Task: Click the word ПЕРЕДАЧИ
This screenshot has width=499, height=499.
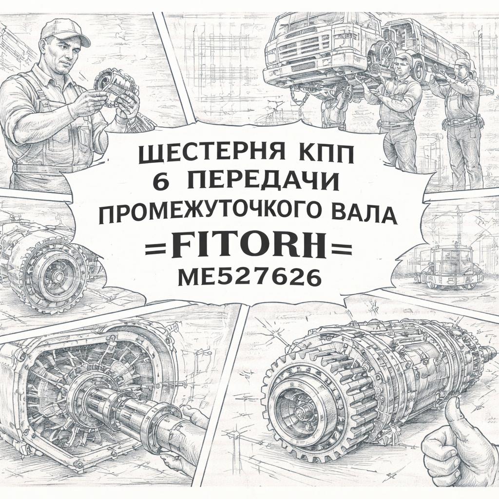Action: point(263,182)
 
